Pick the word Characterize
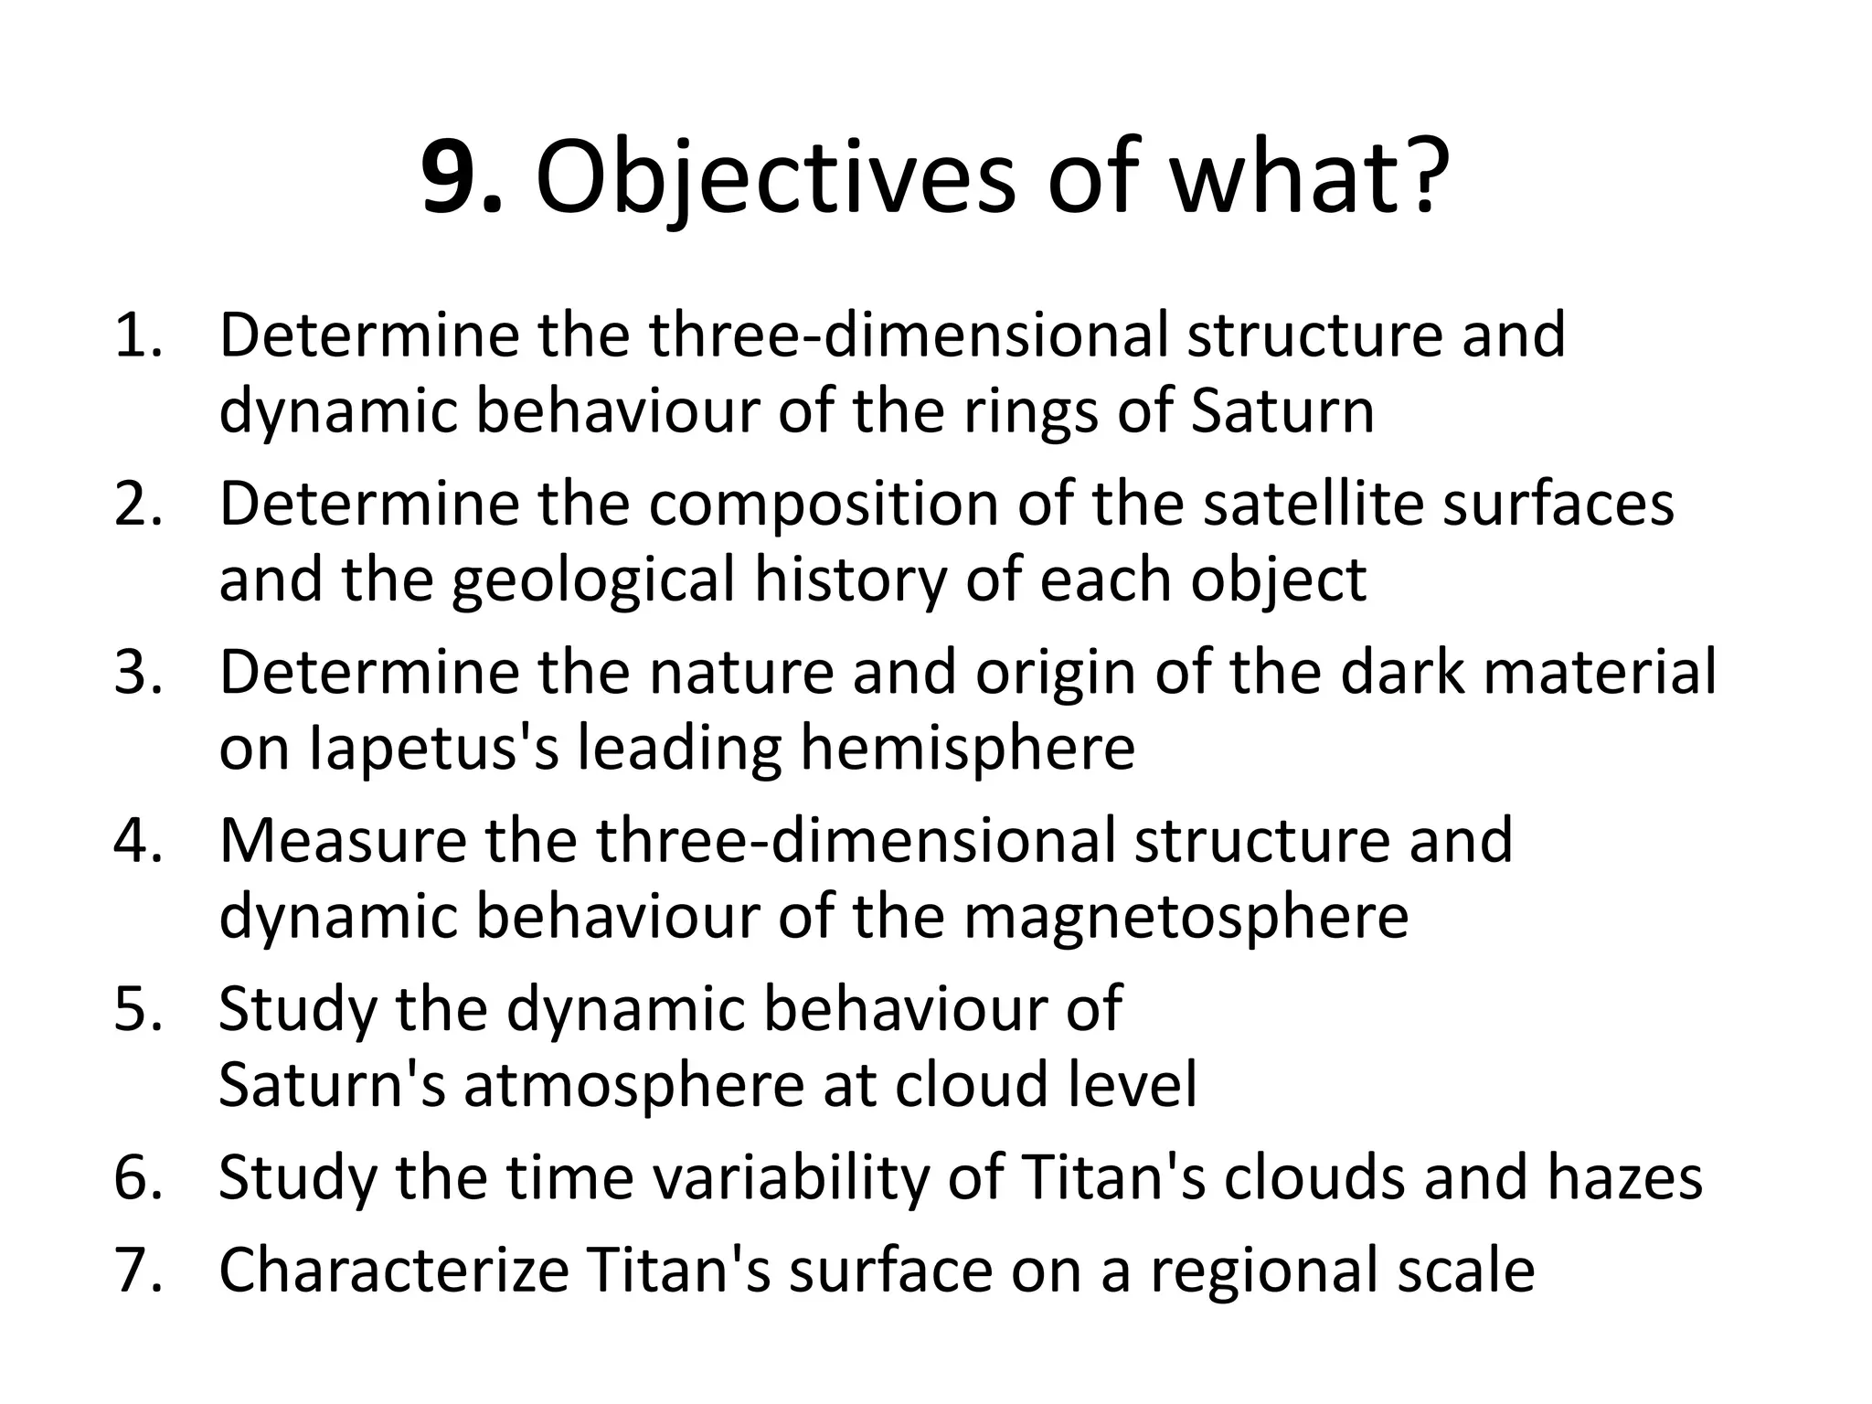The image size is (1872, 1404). coord(394,1271)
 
